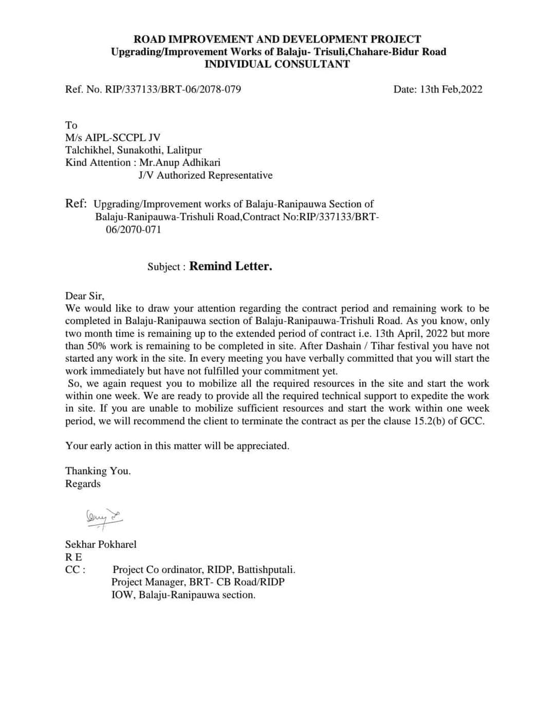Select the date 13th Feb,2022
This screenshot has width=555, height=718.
pyautogui.click(x=438, y=89)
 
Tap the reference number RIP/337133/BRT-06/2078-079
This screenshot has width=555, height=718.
pyautogui.click(x=173, y=89)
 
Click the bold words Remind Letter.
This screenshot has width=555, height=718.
pyautogui.click(x=231, y=266)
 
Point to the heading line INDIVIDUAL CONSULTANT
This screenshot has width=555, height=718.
pyautogui.click(x=277, y=64)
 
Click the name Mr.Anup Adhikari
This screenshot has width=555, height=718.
pyautogui.click(x=180, y=163)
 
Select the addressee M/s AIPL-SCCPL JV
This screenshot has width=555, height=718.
pyautogui.click(x=113, y=138)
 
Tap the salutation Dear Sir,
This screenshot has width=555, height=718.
pyautogui.click(x=85, y=296)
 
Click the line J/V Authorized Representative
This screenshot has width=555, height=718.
pyautogui.click(x=206, y=176)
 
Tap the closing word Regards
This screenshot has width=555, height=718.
pyautogui.click(x=83, y=484)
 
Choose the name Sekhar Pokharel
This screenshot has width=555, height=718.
pyautogui.click(x=101, y=545)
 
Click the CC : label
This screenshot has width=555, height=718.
pyautogui.click(x=75, y=570)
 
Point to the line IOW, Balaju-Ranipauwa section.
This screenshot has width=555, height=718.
pyautogui.click(x=183, y=595)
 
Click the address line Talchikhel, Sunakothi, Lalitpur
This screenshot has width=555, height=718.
pyautogui.click(x=134, y=151)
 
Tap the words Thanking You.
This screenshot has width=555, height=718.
pyautogui.click(x=98, y=471)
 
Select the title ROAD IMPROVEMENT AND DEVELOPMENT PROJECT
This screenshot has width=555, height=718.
pyautogui.click(x=277, y=40)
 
